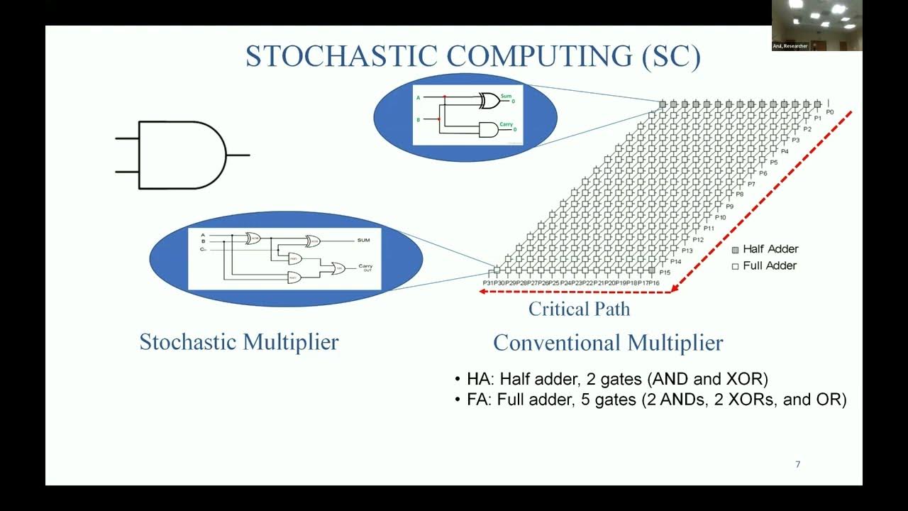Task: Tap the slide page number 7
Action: [x=797, y=464]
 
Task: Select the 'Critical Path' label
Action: [x=579, y=309]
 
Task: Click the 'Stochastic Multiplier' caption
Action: [x=239, y=341]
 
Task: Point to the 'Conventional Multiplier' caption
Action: [x=608, y=343]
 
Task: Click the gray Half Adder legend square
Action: [x=736, y=249]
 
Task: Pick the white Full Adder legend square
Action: [x=736, y=265]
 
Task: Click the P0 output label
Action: [x=829, y=111]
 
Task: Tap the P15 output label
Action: [x=665, y=273]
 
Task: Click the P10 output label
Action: [x=720, y=217]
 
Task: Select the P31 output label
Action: [x=488, y=283]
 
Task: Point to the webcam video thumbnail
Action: [x=816, y=25]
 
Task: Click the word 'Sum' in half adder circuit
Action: [x=506, y=96]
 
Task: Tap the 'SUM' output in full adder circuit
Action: [x=364, y=240]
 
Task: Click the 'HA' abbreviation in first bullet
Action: [x=477, y=379]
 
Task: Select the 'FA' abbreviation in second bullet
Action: [x=477, y=400]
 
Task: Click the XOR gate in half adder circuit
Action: [x=489, y=101]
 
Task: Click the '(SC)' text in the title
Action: [x=671, y=57]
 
